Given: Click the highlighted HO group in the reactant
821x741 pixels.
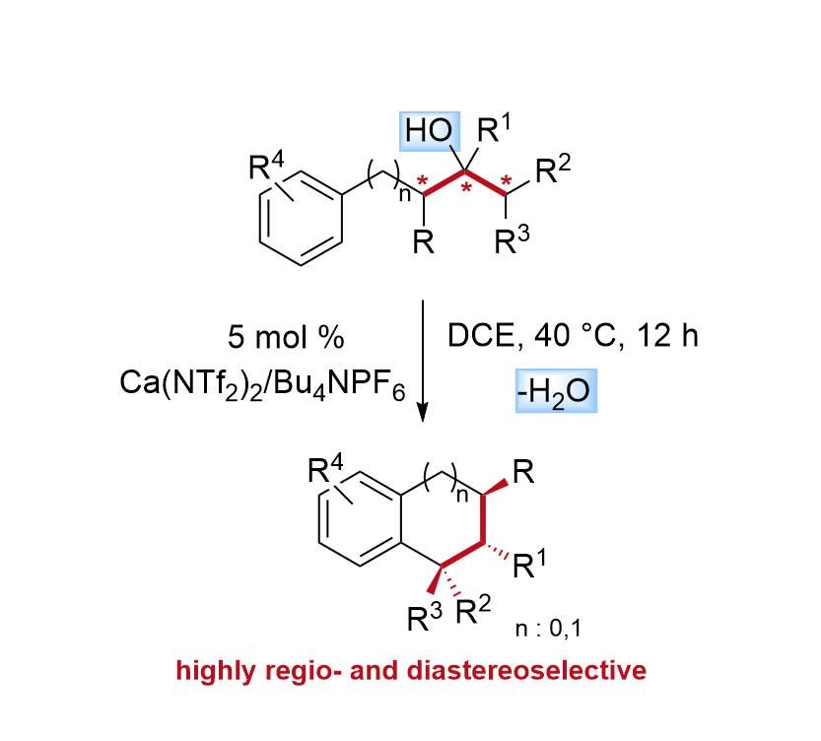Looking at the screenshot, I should coord(430,130).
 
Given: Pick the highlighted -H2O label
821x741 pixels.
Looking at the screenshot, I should coord(555,392).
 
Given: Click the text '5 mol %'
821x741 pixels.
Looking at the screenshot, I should coord(286,337).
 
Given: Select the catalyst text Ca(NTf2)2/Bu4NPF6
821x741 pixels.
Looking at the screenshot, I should coord(261,383).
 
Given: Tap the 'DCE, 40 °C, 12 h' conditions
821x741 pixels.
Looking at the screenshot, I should coord(573,336).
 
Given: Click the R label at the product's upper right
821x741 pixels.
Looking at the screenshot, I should coord(524,472).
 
